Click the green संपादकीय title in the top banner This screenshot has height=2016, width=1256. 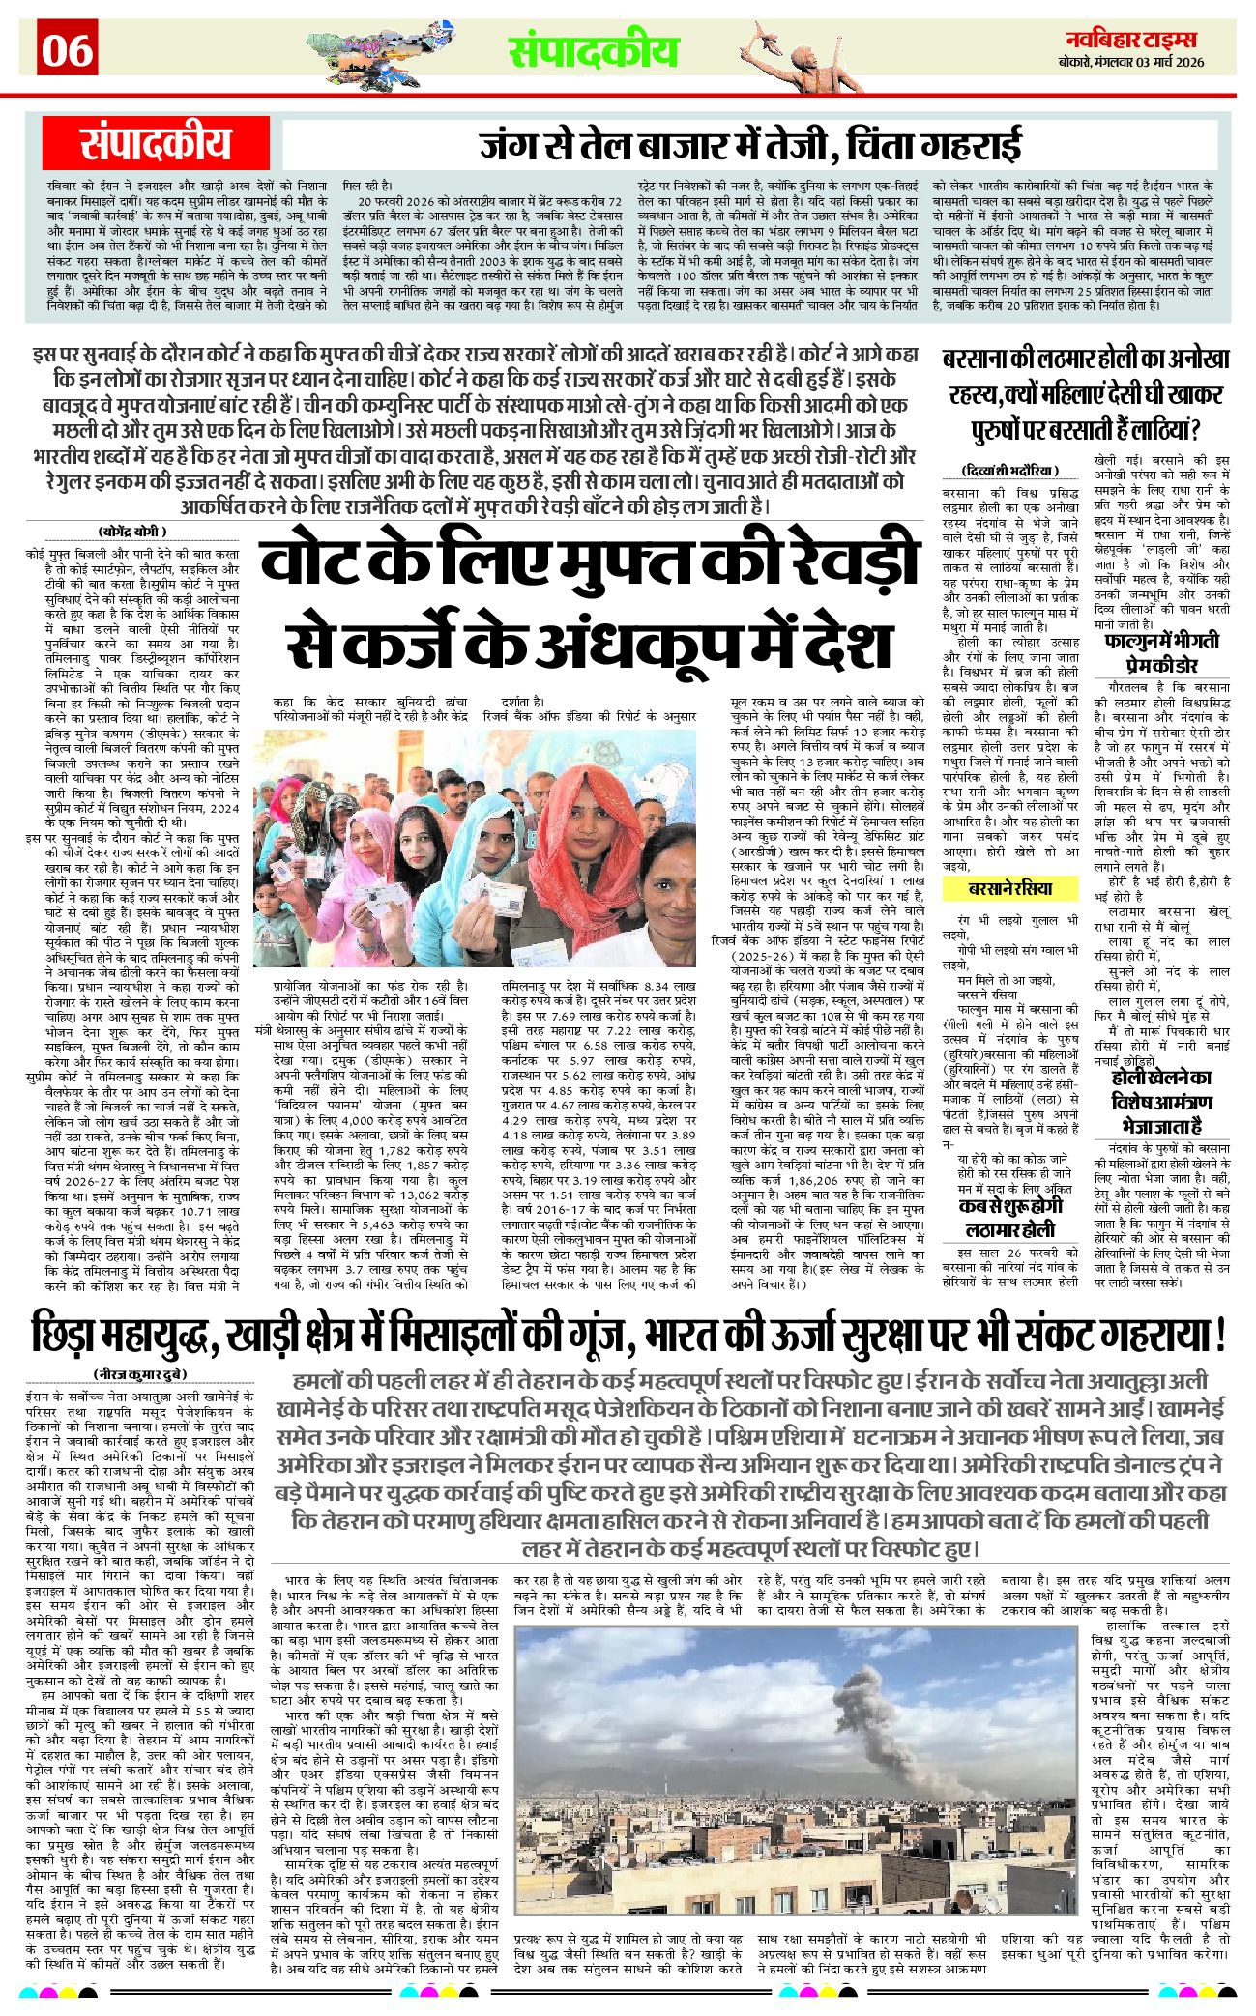[x=594, y=51]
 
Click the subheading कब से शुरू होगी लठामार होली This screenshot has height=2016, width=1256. [x=1010, y=1218]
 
